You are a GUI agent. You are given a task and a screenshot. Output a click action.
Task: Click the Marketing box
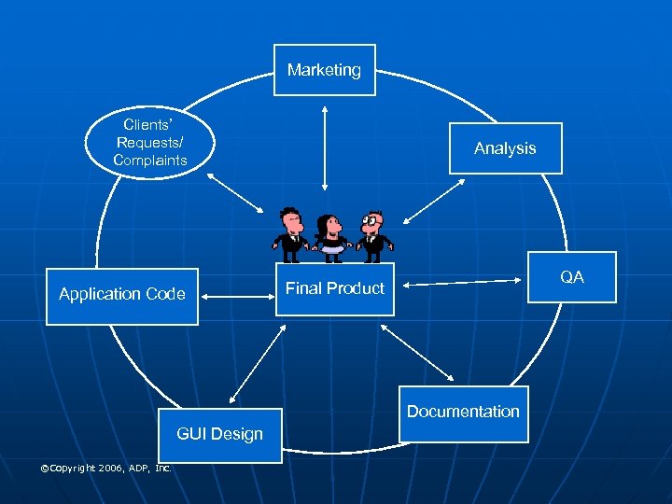click(324, 70)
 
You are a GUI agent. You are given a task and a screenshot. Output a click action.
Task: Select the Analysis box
click(505, 148)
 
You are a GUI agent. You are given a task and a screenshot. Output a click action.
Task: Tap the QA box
click(572, 277)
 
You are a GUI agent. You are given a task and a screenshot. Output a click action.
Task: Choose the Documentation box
click(463, 413)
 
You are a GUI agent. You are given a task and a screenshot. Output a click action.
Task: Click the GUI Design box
click(220, 435)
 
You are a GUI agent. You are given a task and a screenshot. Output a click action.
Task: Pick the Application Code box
click(122, 295)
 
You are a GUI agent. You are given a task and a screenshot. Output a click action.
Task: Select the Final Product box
click(334, 288)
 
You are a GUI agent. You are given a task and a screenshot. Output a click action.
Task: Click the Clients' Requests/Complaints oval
click(150, 143)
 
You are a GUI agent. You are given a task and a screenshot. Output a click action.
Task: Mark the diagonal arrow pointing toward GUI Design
click(256, 365)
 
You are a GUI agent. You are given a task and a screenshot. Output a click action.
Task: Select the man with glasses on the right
click(373, 233)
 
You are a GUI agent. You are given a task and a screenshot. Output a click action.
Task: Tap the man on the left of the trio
click(291, 233)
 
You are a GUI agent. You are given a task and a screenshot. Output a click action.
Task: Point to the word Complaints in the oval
click(150, 161)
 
